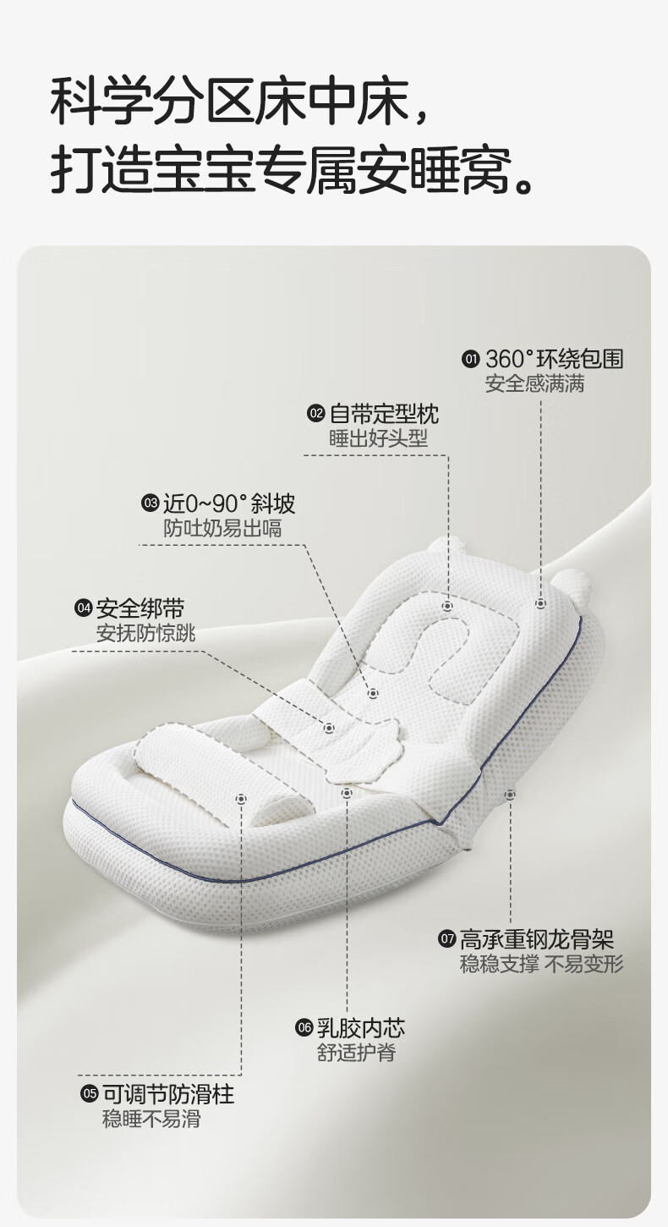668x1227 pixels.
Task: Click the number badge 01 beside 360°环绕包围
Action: (471, 360)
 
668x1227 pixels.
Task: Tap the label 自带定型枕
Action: (384, 414)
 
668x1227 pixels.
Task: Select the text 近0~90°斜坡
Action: (229, 504)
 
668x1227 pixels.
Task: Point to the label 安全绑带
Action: (140, 608)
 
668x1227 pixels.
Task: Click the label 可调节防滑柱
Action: (168, 1094)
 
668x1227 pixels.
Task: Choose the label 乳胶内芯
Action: (361, 1028)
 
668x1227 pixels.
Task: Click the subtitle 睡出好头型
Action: (379, 438)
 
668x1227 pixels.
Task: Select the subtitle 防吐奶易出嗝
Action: (222, 529)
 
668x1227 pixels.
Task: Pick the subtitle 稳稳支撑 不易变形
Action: (542, 964)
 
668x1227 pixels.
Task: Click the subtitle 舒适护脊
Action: (356, 1053)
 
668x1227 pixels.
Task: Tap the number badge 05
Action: (89, 1095)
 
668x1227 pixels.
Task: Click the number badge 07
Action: (446, 940)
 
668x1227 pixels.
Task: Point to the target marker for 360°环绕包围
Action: (540, 604)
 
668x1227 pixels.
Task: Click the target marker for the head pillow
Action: (447, 607)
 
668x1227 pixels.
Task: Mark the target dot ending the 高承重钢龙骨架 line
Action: (510, 794)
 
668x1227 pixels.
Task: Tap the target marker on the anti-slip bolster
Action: (242, 797)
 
